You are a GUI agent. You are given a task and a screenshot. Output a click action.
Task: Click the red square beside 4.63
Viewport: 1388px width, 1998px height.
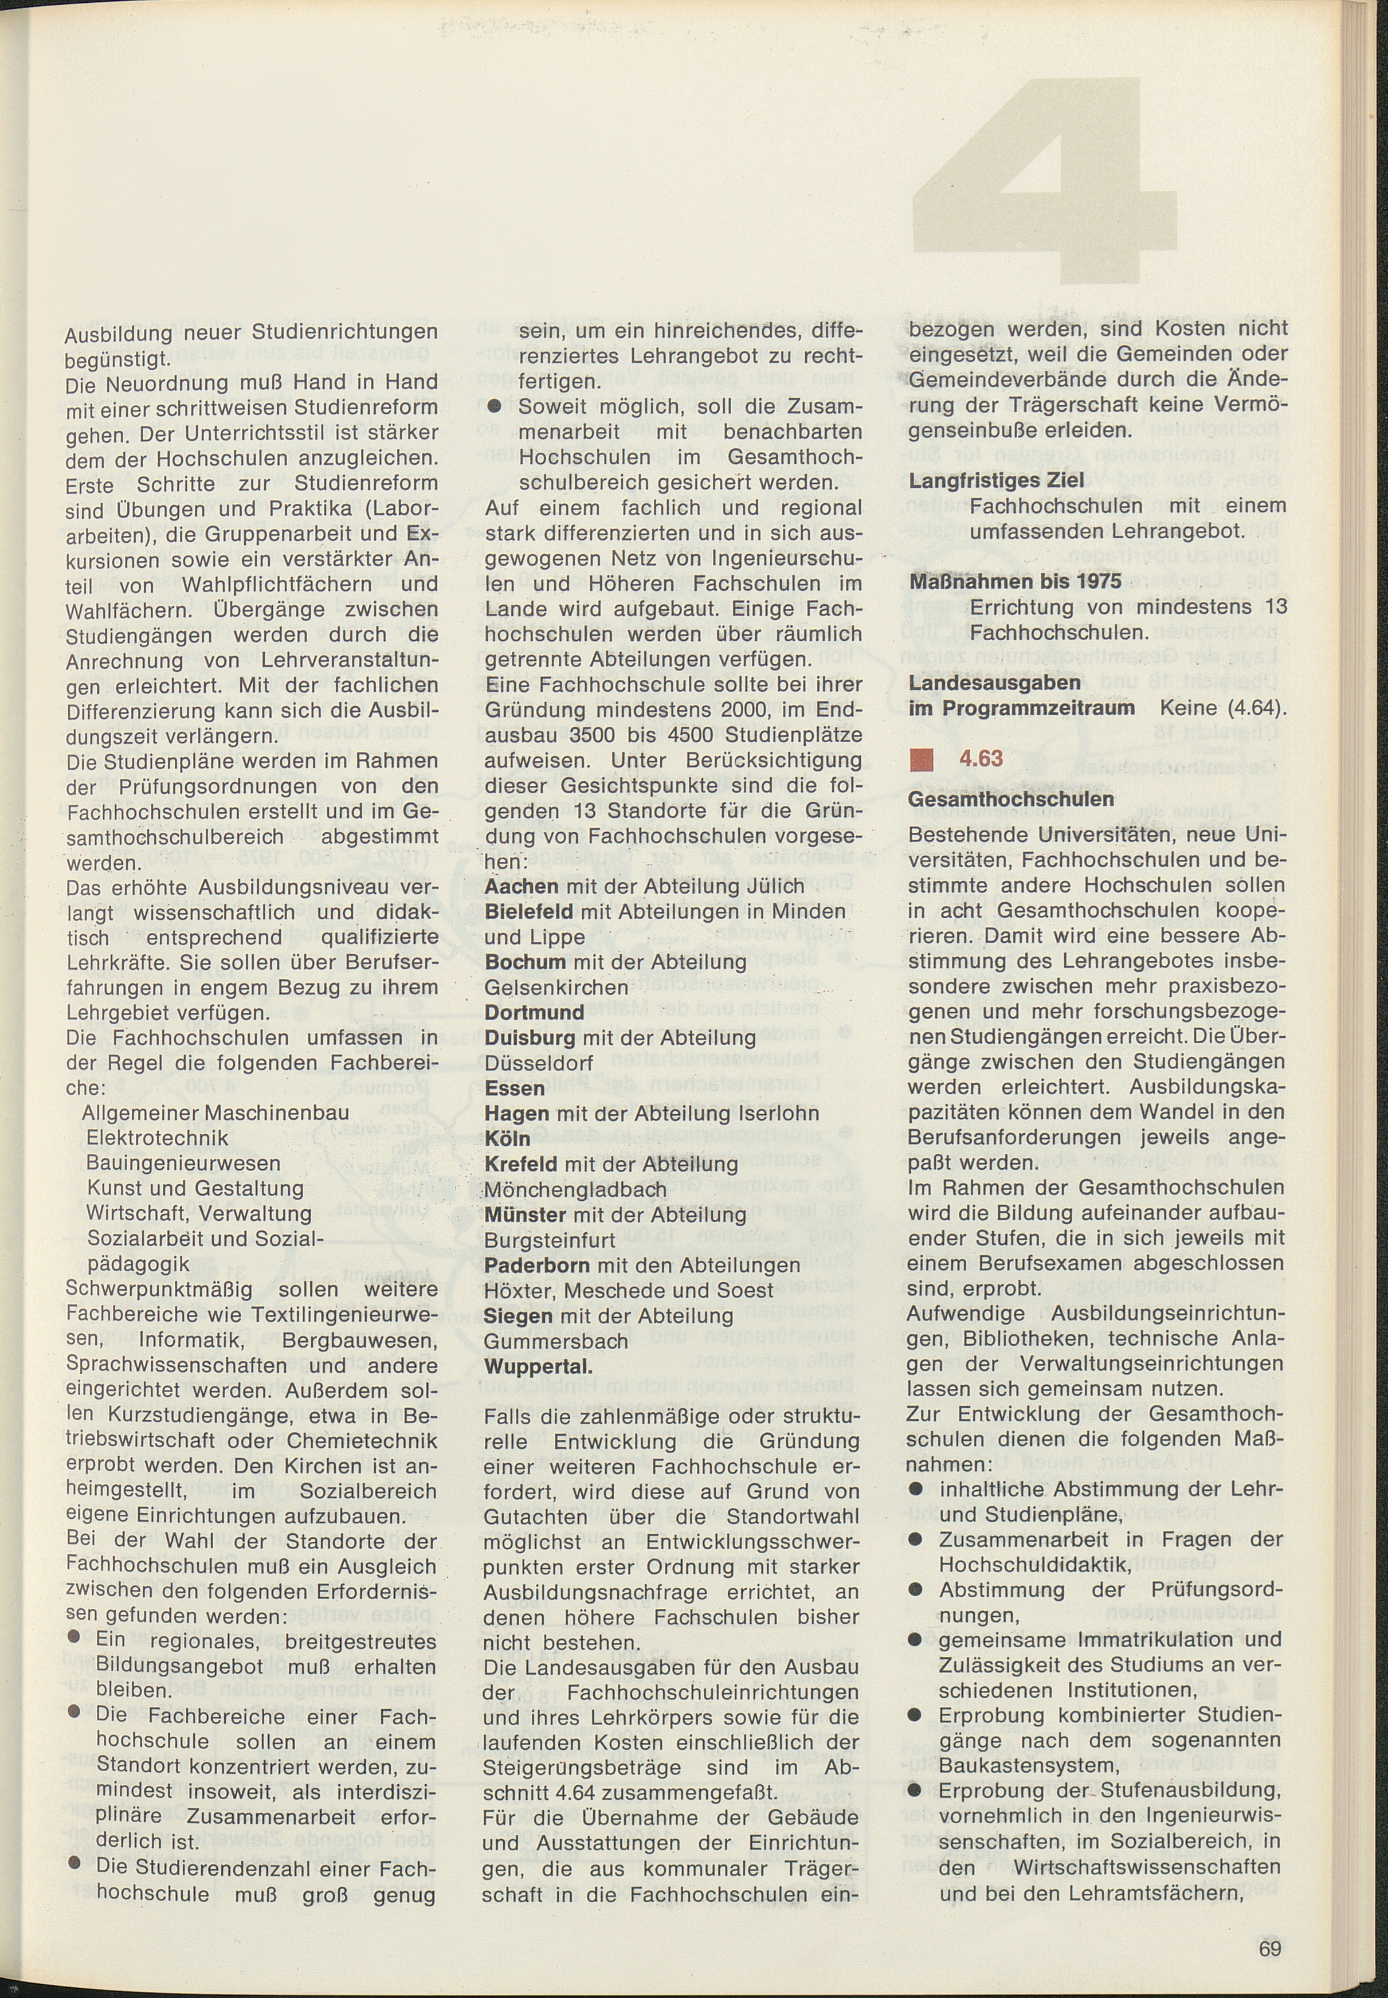pyautogui.click(x=920, y=760)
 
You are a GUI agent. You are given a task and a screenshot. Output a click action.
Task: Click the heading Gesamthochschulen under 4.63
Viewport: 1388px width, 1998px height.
pyautogui.click(x=1010, y=798)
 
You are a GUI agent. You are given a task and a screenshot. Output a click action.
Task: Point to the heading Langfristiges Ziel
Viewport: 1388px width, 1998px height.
pyautogui.click(x=996, y=480)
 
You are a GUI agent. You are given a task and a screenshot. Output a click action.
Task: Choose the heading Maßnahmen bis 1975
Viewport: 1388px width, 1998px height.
pyautogui.click(x=1015, y=581)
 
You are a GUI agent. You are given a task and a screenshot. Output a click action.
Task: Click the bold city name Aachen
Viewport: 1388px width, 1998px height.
pyautogui.click(x=521, y=886)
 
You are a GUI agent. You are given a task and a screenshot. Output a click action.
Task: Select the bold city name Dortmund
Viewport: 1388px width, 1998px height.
pyautogui.click(x=534, y=1013)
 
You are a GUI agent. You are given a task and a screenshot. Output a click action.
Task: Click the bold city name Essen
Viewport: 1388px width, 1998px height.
pyautogui.click(x=515, y=1088)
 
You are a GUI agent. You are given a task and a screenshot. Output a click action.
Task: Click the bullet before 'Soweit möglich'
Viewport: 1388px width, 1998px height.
pyautogui.click(x=494, y=406)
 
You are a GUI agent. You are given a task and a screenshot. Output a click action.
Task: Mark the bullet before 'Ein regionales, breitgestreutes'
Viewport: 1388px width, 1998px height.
pyautogui.click(x=75, y=1636)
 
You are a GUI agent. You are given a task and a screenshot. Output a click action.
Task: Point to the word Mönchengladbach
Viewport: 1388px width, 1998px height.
pyautogui.click(x=575, y=1189)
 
